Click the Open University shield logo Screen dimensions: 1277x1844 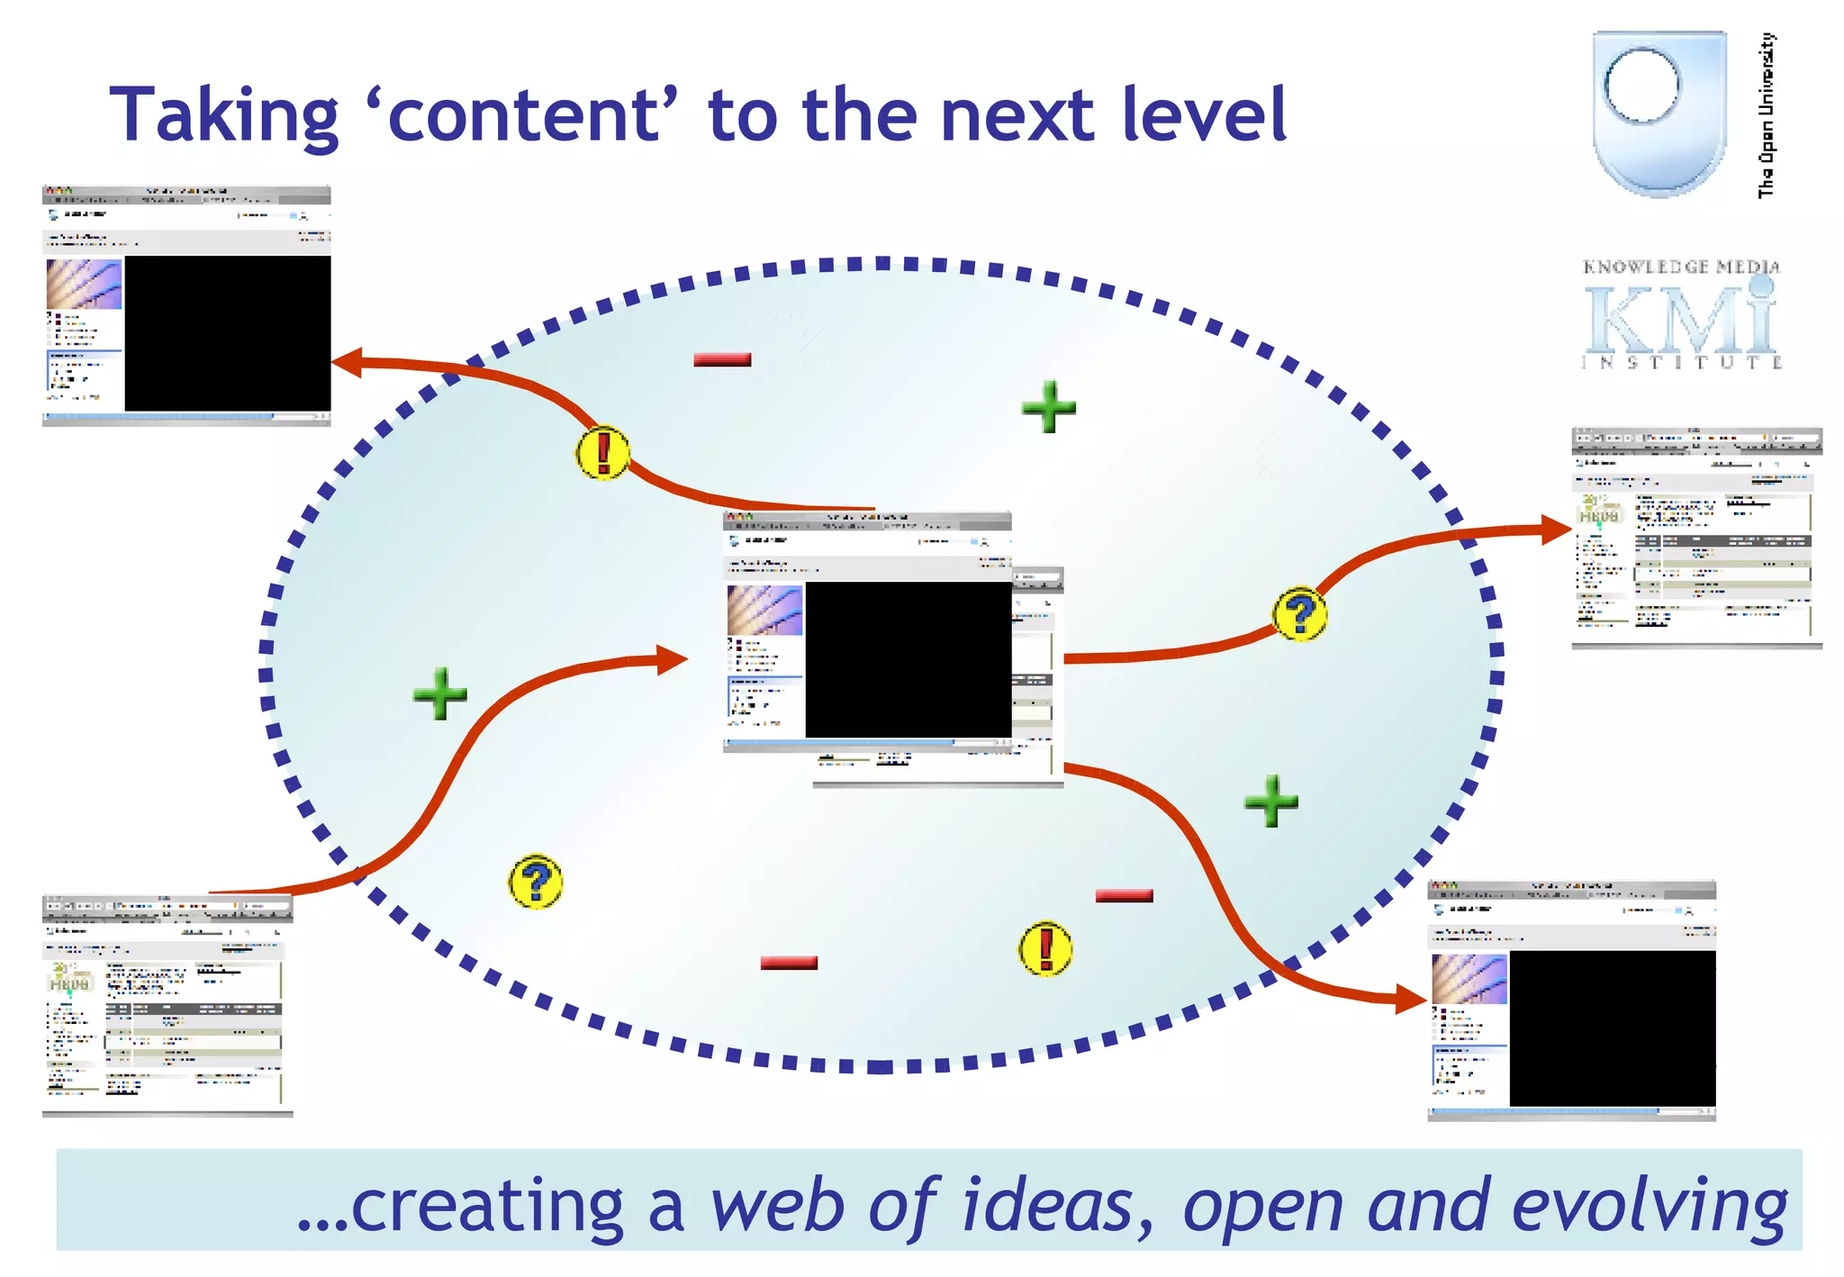point(1659,113)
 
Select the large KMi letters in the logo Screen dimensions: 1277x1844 point(1680,320)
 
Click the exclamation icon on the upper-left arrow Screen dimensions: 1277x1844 point(602,452)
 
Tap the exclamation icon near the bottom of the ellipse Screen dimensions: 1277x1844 point(1045,948)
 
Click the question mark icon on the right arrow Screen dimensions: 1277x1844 point(1299,615)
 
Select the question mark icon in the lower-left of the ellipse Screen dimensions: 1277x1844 point(536,882)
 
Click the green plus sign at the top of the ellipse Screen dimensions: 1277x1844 point(1049,407)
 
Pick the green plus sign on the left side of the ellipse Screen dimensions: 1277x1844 point(440,693)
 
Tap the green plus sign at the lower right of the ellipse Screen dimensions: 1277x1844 point(1271,801)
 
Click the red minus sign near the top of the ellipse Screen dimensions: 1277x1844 point(722,359)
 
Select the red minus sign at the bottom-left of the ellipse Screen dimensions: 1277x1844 point(789,963)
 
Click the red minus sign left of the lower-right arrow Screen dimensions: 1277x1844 point(1124,895)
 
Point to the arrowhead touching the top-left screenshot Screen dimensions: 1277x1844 point(348,363)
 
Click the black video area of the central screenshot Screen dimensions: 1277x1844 point(908,659)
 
